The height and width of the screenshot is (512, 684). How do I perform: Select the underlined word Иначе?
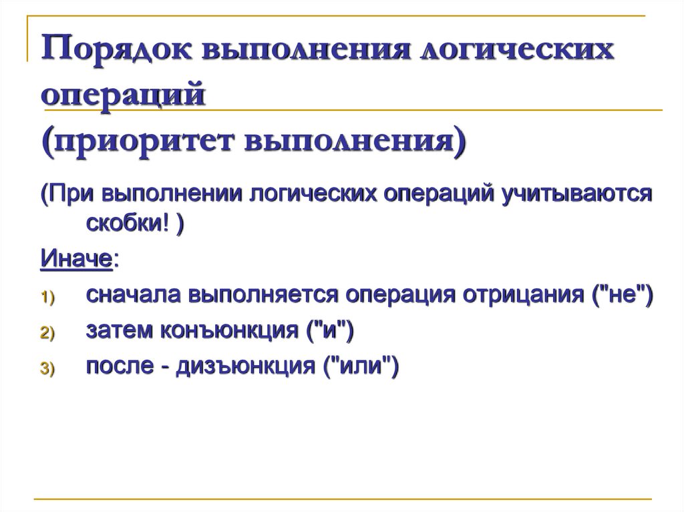[76, 259]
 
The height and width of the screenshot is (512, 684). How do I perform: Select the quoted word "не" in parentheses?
[619, 295]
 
